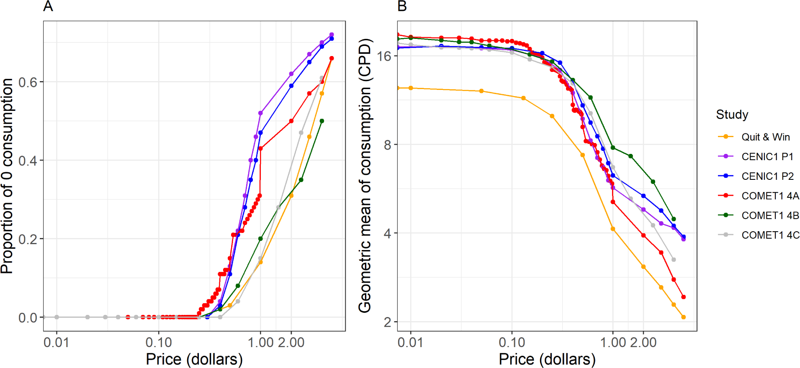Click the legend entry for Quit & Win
(x=765, y=137)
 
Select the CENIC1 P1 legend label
(x=767, y=157)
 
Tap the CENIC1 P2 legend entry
(x=767, y=176)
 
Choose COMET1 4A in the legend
(x=769, y=196)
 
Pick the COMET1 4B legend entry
(x=769, y=216)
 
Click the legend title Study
(x=732, y=115)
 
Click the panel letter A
(x=48, y=6)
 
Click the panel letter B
(x=402, y=6)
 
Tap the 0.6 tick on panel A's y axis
(x=28, y=82)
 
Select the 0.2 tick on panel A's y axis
(x=28, y=239)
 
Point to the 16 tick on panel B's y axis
(x=384, y=56)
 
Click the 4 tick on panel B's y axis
(x=388, y=233)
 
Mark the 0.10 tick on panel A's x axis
(x=159, y=343)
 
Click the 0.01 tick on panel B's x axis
(x=410, y=343)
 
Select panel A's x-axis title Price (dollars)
(x=194, y=359)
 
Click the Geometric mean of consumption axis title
(x=365, y=176)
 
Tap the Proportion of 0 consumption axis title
(x=7, y=176)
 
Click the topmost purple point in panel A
(x=332, y=35)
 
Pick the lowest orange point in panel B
(x=683, y=317)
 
